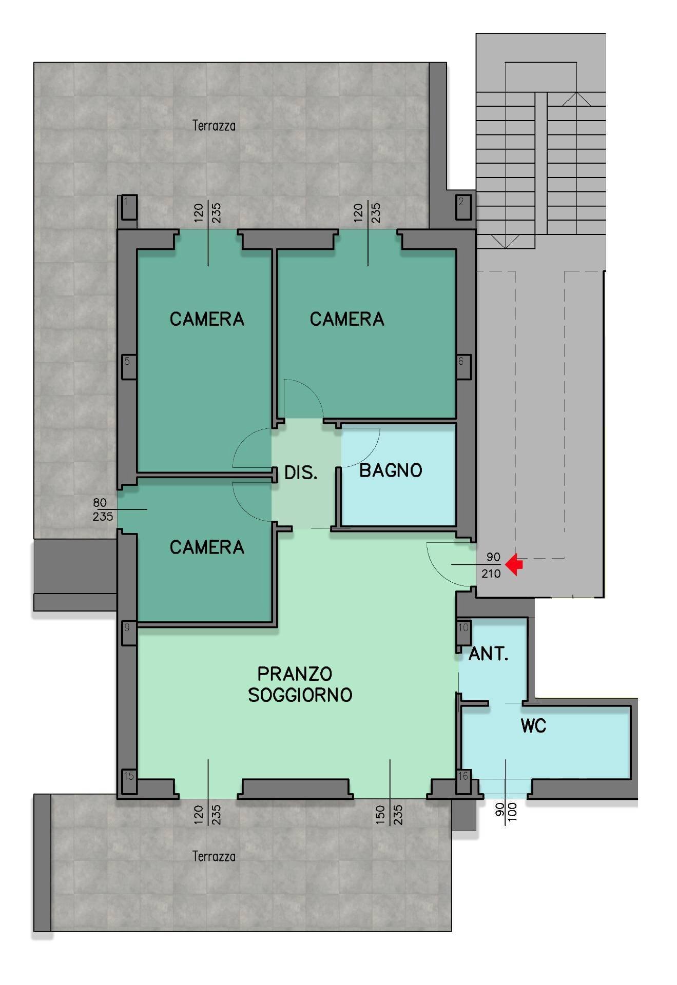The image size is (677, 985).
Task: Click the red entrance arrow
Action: tap(514, 564)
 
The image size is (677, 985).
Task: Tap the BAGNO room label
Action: tap(391, 470)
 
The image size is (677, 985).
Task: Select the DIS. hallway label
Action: tap(301, 472)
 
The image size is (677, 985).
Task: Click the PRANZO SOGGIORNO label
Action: tap(300, 684)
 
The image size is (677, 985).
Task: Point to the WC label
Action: tap(533, 726)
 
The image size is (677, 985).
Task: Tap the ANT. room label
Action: tap(488, 654)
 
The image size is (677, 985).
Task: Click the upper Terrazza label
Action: tap(214, 126)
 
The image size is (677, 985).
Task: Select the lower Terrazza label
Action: tap(214, 856)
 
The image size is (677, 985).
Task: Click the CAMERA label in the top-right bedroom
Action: tap(347, 319)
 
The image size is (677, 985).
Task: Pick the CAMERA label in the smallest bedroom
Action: tap(207, 547)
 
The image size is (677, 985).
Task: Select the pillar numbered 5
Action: tap(128, 366)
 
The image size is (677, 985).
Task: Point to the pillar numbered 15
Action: tap(128, 782)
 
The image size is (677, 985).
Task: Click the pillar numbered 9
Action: tap(128, 633)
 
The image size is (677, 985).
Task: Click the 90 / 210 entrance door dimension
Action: tap(492, 565)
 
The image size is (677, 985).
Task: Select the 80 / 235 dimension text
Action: tap(102, 509)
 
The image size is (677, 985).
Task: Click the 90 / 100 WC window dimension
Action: tap(506, 812)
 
